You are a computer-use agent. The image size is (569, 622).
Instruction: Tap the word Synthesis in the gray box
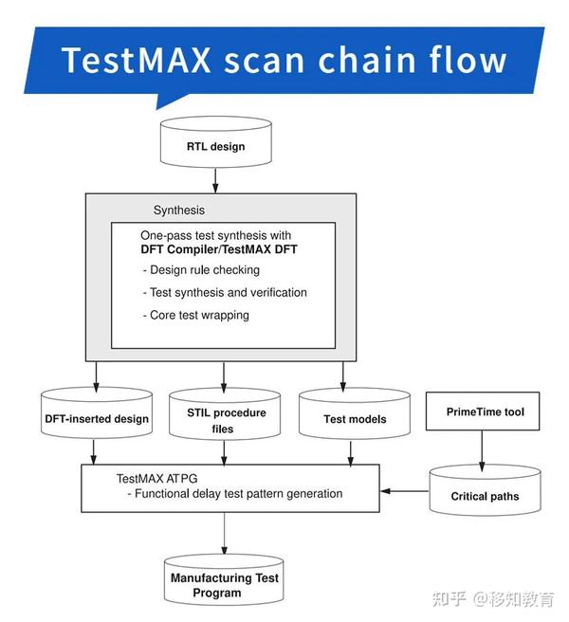[179, 210]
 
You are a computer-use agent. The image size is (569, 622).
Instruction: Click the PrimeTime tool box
[485, 412]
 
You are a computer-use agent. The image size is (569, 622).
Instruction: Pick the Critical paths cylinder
[484, 492]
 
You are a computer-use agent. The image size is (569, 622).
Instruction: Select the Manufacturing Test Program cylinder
[224, 584]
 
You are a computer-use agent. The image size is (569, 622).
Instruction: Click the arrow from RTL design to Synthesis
[215, 178]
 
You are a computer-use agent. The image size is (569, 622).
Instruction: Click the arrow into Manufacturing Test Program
[224, 535]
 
